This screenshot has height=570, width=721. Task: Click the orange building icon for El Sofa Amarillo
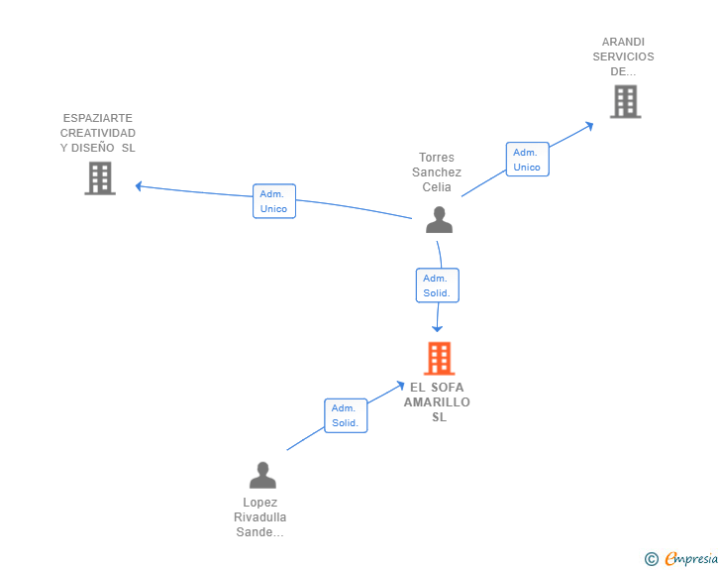click(439, 358)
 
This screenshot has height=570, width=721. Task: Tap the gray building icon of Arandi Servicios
click(625, 101)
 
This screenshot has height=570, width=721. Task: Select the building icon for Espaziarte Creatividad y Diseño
click(100, 178)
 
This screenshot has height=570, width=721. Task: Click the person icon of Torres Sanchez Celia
click(439, 219)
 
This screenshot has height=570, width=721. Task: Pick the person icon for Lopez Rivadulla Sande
click(262, 476)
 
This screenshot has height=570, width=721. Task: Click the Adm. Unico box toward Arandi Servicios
click(527, 160)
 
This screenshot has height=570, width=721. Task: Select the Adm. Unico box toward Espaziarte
click(273, 201)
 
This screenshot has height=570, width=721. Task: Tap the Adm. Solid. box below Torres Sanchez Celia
click(437, 285)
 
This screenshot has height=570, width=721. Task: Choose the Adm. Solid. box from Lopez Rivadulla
click(346, 415)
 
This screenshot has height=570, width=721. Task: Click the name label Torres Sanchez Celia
click(437, 172)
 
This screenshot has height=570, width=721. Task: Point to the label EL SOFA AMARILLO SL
click(437, 401)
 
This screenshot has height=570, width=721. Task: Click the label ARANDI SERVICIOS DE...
click(623, 57)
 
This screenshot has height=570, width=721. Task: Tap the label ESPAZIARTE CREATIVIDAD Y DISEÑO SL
click(98, 133)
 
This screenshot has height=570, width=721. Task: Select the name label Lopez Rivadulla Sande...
click(260, 517)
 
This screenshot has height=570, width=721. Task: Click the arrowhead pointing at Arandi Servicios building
click(589, 125)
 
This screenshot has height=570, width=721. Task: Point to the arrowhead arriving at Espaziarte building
click(140, 185)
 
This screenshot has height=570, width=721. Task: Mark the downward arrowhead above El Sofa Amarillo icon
click(437, 328)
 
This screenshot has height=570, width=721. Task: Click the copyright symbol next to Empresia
click(652, 559)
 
